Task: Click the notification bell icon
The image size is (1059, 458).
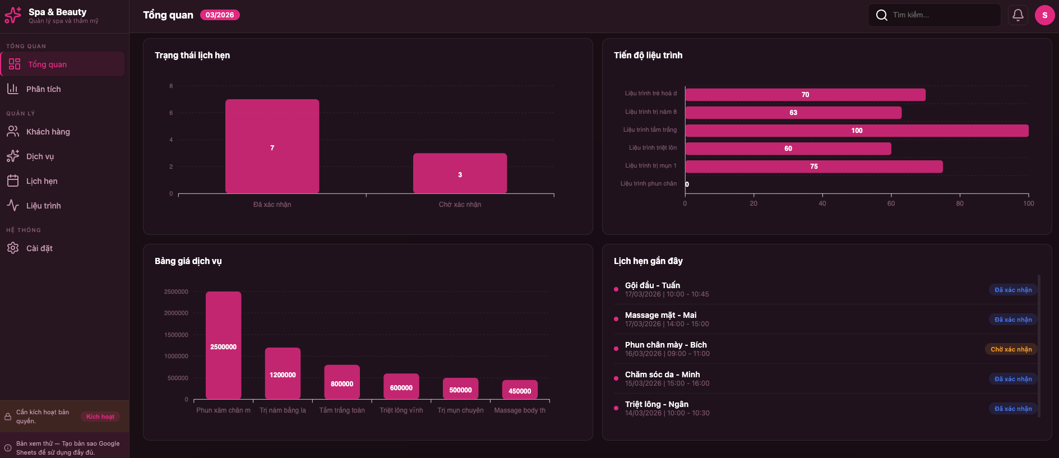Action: pyautogui.click(x=1018, y=15)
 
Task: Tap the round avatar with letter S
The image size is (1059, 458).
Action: pyautogui.click(x=1044, y=15)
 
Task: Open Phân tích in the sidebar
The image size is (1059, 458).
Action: pyautogui.click(x=44, y=89)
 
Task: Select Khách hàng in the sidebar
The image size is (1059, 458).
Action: pyautogui.click(x=48, y=132)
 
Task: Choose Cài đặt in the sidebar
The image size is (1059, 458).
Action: pyautogui.click(x=39, y=248)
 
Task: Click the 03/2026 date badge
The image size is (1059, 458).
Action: pyautogui.click(x=220, y=15)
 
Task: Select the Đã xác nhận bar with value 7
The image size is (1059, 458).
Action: pyautogui.click(x=272, y=147)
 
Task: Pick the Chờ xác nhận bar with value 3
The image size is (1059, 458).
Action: pyautogui.click(x=460, y=174)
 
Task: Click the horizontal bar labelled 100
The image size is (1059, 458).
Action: pyautogui.click(x=857, y=131)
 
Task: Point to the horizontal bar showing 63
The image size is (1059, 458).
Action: pyautogui.click(x=793, y=113)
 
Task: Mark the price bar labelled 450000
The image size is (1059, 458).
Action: pyautogui.click(x=520, y=390)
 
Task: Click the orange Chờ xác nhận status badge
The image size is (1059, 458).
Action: pyautogui.click(x=1011, y=349)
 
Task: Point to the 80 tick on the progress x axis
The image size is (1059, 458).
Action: pyautogui.click(x=960, y=203)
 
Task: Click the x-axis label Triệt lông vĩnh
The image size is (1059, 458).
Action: pyautogui.click(x=401, y=410)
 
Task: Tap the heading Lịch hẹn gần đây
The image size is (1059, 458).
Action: pyautogui.click(x=648, y=261)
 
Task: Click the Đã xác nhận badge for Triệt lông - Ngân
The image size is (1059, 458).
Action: pyautogui.click(x=1013, y=409)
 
